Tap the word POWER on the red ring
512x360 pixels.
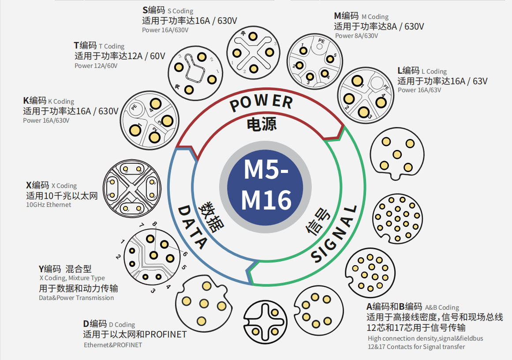[x=261, y=102]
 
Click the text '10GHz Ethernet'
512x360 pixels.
[x=49, y=205]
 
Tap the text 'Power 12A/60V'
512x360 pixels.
[x=96, y=66]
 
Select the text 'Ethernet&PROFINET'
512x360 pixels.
[x=113, y=345]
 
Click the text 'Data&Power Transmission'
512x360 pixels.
[x=76, y=298]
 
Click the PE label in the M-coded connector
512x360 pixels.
[x=321, y=41]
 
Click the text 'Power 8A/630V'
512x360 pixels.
[x=356, y=36]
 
